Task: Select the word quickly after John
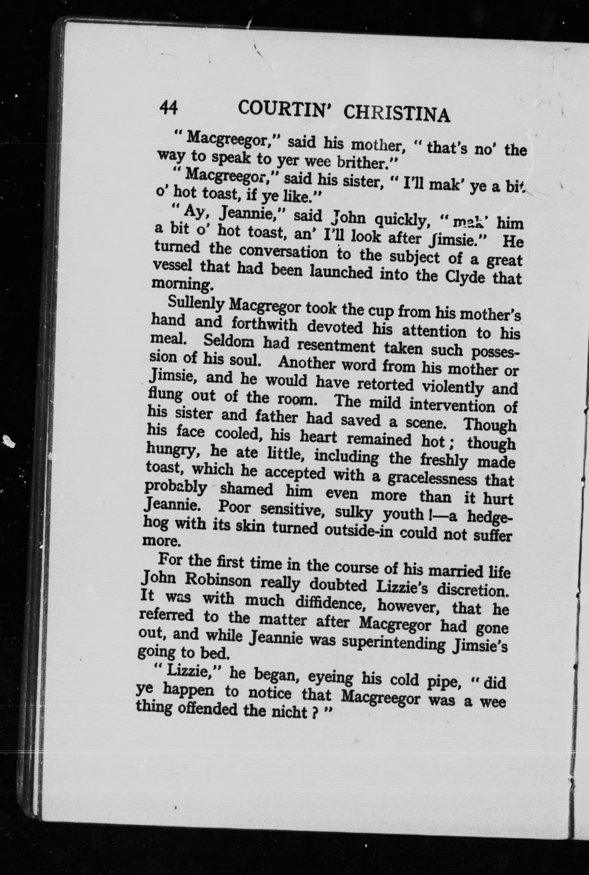[402, 221]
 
